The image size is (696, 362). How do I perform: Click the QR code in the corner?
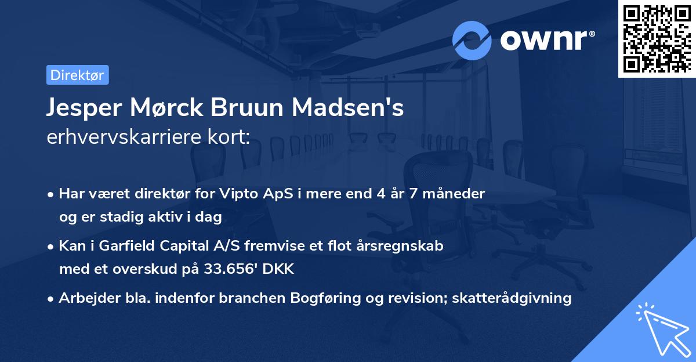pyautogui.click(x=657, y=38)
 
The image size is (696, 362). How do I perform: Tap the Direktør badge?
pyautogui.click(x=77, y=75)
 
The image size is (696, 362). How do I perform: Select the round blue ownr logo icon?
pyautogui.click(x=472, y=40)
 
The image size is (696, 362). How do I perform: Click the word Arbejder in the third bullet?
pyautogui.click(x=85, y=298)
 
